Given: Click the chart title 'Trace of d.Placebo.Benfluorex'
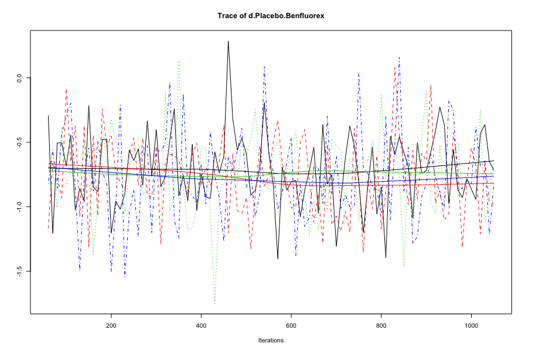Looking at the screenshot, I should [x=271, y=16].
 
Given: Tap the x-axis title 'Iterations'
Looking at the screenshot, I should [x=271, y=340].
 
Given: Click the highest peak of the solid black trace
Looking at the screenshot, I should [x=228, y=41].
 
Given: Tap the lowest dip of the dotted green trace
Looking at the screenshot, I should [x=214, y=304].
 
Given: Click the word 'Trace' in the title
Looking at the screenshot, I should [x=227, y=16].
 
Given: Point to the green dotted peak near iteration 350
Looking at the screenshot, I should [x=179, y=61].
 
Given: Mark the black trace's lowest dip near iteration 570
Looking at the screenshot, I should [x=278, y=259].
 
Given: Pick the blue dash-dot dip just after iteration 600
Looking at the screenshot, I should [x=296, y=256].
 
